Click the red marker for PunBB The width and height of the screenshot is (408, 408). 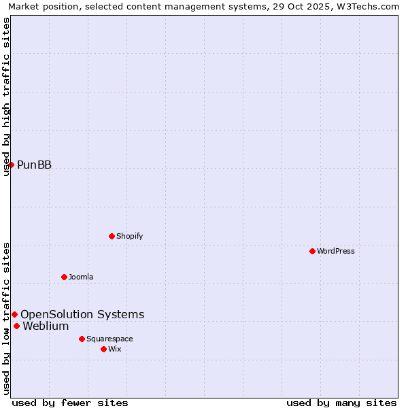point(11,165)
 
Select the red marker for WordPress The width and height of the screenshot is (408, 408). point(312,251)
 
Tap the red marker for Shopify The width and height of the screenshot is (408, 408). point(112,236)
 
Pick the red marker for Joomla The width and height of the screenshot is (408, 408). point(64,277)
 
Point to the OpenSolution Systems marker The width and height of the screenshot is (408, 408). point(14,314)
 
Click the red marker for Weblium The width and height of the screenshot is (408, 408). point(16,326)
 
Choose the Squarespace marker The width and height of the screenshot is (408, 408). point(82,339)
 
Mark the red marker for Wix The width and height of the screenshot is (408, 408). point(103,349)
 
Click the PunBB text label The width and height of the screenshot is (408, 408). point(34,165)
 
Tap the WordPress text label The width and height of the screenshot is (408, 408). point(336,251)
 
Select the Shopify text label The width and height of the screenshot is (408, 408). point(129,236)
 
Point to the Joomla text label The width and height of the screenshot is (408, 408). point(81,277)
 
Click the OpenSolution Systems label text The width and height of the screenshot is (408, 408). point(82,314)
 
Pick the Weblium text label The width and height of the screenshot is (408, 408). point(46,326)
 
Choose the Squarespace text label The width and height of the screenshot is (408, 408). point(109,339)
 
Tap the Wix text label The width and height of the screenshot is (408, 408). point(114,349)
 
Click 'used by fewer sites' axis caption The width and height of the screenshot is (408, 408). point(70,403)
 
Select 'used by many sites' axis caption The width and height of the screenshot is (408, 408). point(341,403)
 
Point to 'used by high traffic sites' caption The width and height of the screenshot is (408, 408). point(6,97)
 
